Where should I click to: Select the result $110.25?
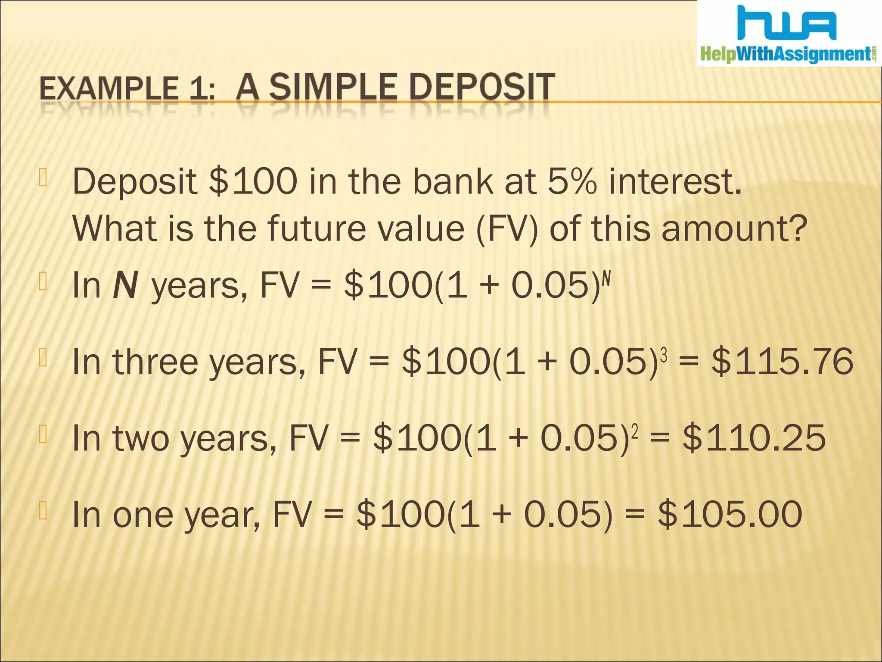pyautogui.click(x=754, y=438)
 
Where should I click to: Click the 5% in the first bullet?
pyautogui.click(x=572, y=181)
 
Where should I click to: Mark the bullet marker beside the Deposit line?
pyautogui.click(x=43, y=178)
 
